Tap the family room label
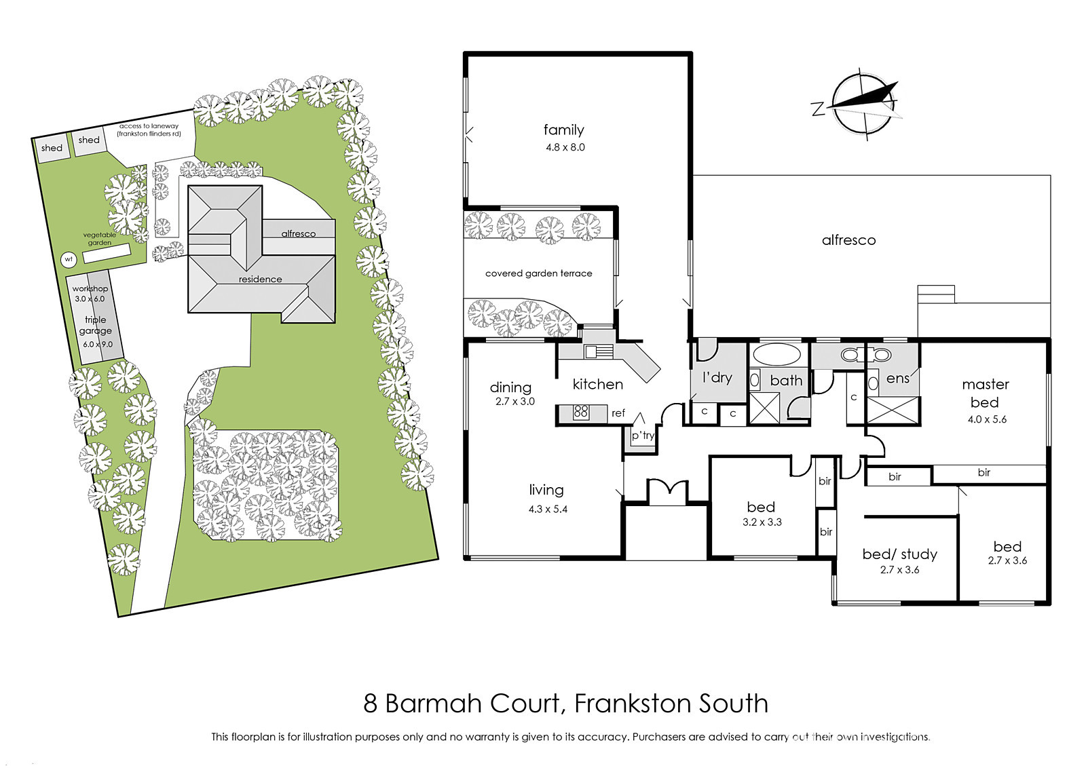point(563,130)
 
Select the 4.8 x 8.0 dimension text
point(565,147)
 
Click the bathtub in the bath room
point(777,355)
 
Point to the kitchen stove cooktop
point(580,412)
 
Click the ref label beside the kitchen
point(618,413)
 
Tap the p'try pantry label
point(643,436)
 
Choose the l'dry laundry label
point(717,377)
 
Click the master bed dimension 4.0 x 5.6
point(987,419)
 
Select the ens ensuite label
point(898,379)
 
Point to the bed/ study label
point(900,554)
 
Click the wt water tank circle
point(69,260)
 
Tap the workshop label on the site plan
point(90,289)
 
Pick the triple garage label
point(96,325)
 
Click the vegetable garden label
point(100,239)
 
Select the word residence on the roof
point(261,280)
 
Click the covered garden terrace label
point(539,274)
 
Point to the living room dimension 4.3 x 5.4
point(548,510)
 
